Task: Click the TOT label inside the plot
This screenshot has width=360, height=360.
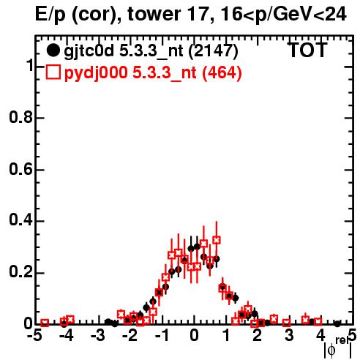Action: pyautogui.click(x=307, y=50)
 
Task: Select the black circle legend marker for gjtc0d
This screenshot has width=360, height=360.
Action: pyautogui.click(x=53, y=50)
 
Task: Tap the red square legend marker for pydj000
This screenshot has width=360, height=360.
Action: pyautogui.click(x=53, y=72)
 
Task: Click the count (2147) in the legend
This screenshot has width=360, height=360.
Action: pyautogui.click(x=214, y=50)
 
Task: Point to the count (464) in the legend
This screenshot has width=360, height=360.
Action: pyautogui.click(x=222, y=72)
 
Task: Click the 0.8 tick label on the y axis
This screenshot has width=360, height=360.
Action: pyautogui.click(x=20, y=117)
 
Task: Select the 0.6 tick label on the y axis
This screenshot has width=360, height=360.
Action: pyautogui.click(x=20, y=169)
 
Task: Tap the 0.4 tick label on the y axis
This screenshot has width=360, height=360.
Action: pyautogui.click(x=20, y=220)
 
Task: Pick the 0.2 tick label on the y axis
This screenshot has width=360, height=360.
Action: pyautogui.click(x=20, y=272)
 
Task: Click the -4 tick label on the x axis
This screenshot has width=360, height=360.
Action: pyautogui.click(x=66, y=335)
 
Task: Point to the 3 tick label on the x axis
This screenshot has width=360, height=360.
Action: pyautogui.click(x=289, y=335)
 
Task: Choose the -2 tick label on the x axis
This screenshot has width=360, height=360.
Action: pyautogui.click(x=130, y=335)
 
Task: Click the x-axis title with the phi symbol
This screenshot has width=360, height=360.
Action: pyautogui.click(x=338, y=348)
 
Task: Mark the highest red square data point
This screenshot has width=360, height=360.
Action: pyautogui.click(x=217, y=240)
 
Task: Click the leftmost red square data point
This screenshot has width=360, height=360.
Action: pyautogui.click(x=45, y=323)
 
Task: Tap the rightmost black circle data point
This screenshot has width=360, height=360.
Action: pyautogui.click(x=337, y=324)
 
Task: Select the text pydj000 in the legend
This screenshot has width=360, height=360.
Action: pyautogui.click(x=96, y=72)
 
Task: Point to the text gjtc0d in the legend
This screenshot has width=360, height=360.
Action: pyautogui.click(x=89, y=51)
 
